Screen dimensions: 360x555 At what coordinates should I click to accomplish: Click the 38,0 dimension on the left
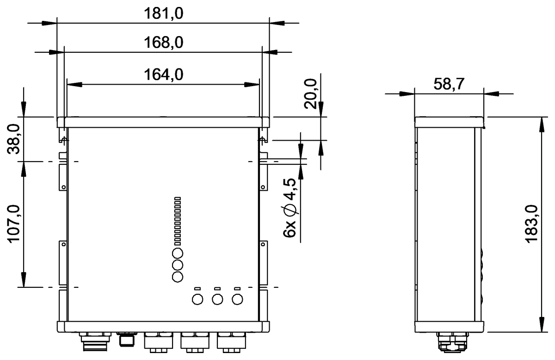(x=14, y=139)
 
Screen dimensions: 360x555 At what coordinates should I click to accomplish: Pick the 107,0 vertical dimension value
(x=14, y=224)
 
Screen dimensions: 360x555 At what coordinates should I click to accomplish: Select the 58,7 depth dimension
(x=449, y=84)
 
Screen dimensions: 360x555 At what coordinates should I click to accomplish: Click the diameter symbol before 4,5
(x=290, y=210)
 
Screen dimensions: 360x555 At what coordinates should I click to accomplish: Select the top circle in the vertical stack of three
(x=178, y=253)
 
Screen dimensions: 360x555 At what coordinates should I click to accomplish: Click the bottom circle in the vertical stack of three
(x=178, y=277)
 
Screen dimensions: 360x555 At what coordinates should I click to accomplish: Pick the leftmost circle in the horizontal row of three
(x=197, y=299)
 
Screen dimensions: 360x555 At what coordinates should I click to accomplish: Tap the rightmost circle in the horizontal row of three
(x=237, y=299)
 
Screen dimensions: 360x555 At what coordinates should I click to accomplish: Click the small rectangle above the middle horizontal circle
(x=217, y=289)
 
